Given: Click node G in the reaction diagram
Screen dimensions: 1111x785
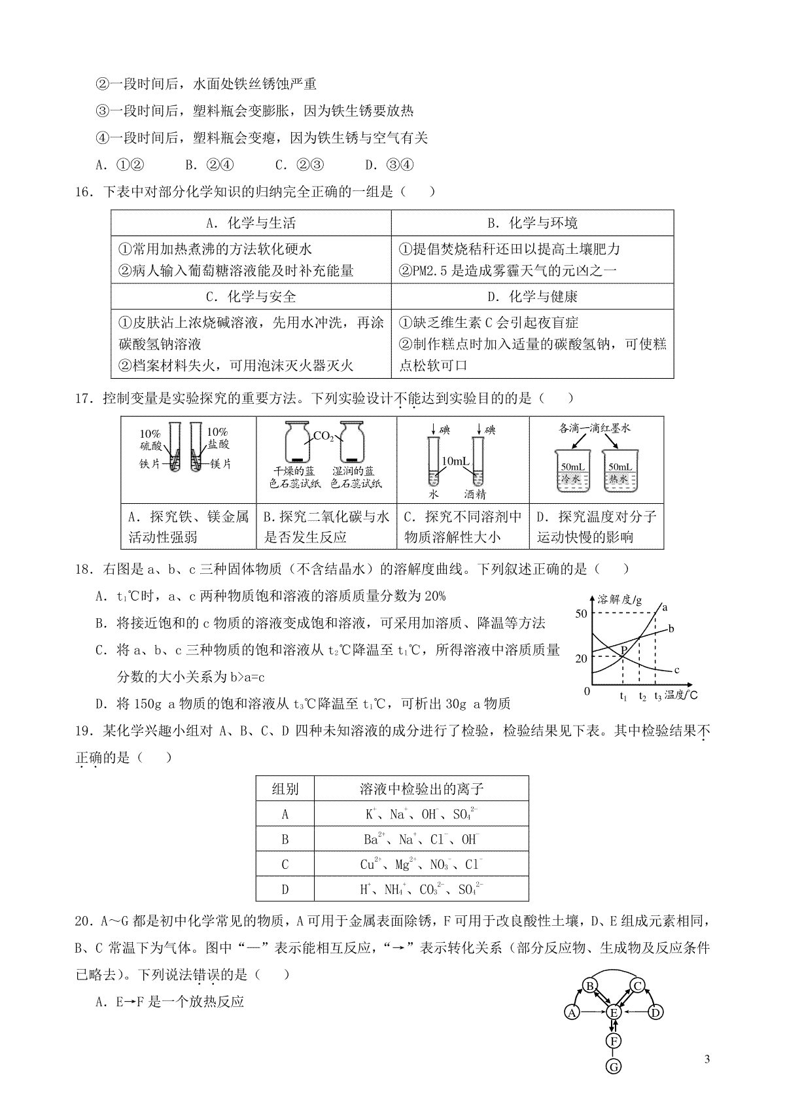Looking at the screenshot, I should pos(614,1067).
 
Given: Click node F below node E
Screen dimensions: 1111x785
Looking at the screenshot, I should pos(614,1041).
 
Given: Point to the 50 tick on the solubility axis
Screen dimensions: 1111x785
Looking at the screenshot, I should pos(581,614).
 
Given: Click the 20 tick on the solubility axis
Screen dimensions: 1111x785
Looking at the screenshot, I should pos(581,658).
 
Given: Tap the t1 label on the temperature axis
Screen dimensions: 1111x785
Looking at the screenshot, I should pos(623,697).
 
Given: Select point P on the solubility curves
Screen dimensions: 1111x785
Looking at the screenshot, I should pos(624,650).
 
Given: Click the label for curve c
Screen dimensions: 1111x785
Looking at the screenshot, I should pos(676,670).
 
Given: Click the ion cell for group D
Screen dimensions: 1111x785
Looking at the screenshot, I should pos(421,889).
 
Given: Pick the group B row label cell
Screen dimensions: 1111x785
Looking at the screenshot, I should pos(285,839).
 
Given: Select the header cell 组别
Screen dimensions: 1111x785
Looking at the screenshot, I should pos(285,789).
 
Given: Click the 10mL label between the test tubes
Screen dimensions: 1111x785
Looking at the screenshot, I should pos(456,462).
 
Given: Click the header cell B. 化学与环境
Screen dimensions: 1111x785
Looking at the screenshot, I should pos(532,223).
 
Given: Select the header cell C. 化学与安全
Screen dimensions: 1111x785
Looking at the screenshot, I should pos(251,296).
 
